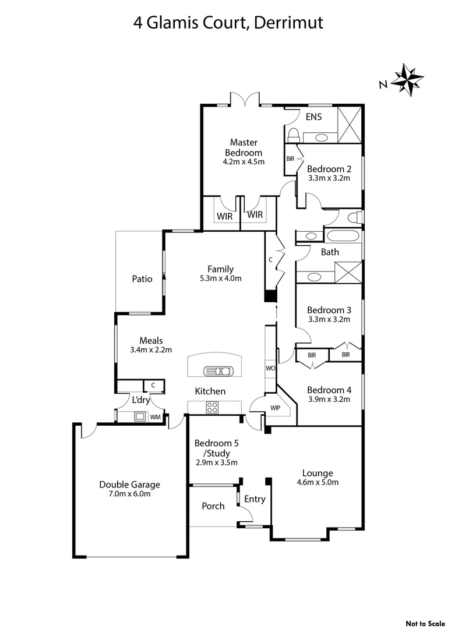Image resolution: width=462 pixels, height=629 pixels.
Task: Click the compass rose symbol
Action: click(x=407, y=79)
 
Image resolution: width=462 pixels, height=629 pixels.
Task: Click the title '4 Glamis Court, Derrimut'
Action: click(x=228, y=23)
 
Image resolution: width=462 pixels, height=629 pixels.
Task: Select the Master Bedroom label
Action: click(x=244, y=147)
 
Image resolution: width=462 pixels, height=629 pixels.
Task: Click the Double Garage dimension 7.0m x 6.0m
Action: click(x=129, y=494)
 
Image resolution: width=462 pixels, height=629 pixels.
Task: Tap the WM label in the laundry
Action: click(x=156, y=417)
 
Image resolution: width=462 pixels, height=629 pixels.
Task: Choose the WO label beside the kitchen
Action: click(x=270, y=369)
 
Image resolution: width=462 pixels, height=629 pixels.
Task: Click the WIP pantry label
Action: click(x=275, y=408)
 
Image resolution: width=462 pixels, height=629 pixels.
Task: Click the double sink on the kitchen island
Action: click(x=218, y=370)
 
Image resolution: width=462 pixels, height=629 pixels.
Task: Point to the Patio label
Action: click(x=142, y=279)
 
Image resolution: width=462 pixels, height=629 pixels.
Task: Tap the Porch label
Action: click(x=213, y=506)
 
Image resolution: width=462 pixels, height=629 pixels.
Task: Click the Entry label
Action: click(x=255, y=499)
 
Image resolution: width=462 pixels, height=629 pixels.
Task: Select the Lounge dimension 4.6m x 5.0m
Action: click(x=318, y=482)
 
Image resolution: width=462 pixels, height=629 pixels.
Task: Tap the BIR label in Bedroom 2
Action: click(x=290, y=158)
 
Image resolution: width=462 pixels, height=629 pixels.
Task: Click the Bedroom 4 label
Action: click(x=329, y=390)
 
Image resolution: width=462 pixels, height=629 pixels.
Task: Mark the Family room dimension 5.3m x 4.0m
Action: click(x=220, y=278)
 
